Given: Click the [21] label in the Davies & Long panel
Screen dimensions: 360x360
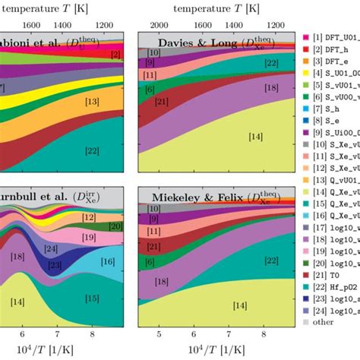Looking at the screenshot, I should point(160,102).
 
